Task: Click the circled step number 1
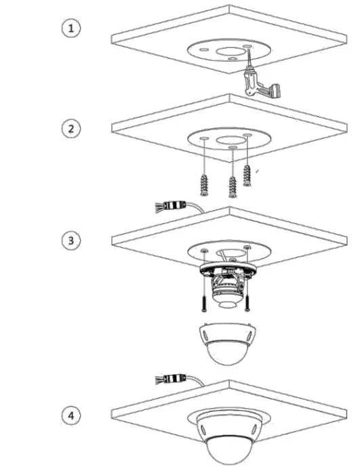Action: (71, 28)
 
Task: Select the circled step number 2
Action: (71, 128)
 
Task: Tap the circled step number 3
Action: (71, 241)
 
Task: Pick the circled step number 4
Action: (71, 413)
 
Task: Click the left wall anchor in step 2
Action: (203, 182)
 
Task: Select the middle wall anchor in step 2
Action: (233, 184)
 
